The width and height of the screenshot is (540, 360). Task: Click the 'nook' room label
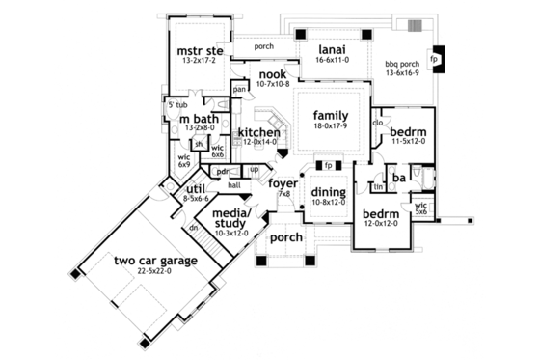273,74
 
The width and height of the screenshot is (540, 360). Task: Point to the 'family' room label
330,115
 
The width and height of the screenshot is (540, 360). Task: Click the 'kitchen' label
258,132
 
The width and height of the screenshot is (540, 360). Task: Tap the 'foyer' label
283,182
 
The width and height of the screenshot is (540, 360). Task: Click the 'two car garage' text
154,261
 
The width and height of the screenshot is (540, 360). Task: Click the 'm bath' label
197,117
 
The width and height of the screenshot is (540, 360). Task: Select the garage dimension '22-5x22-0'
154,272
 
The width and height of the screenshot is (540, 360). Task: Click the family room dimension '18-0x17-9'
330,126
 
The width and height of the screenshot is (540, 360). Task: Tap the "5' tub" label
176,104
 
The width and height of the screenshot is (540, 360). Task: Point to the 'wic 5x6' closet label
420,208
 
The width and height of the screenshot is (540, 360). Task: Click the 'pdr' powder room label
222,171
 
